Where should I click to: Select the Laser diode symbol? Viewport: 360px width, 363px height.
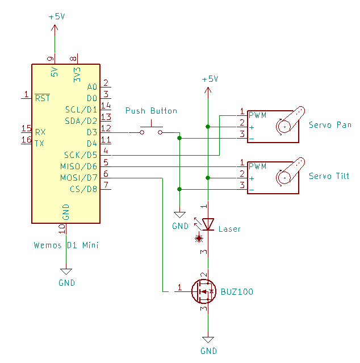coord(208,225)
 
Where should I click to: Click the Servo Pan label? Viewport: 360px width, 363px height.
coord(329,125)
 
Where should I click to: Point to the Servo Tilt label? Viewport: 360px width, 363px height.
coord(329,176)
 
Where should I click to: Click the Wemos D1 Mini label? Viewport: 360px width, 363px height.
coord(66,245)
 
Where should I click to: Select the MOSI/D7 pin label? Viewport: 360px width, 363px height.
coord(78,178)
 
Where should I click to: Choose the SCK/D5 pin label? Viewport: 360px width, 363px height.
coord(81,155)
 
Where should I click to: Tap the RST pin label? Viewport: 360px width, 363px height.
coord(43,98)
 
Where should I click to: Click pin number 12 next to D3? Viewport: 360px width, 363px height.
coord(106,128)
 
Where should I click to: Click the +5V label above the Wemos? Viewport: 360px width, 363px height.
coord(57,17)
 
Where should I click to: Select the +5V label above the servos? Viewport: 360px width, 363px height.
coord(210,80)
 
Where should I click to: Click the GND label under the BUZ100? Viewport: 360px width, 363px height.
coord(208,351)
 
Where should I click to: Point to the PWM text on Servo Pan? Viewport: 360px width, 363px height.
coord(257,115)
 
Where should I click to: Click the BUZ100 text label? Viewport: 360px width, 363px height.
coord(237,292)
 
